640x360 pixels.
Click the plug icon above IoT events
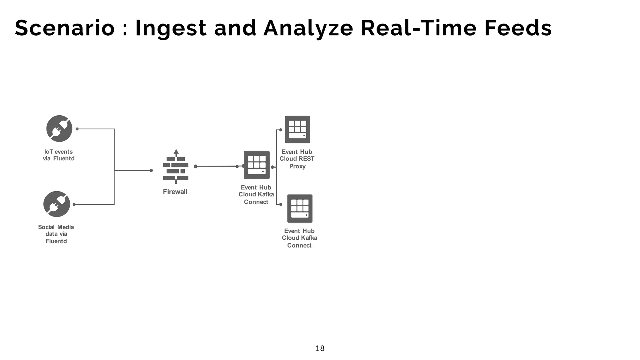click(59, 128)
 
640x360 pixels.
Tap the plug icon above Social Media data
click(57, 204)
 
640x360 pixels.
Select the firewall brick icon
click(176, 168)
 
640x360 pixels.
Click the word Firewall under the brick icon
click(175, 192)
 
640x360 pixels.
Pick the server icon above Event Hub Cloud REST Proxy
click(297, 129)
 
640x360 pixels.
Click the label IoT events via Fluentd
click(58, 155)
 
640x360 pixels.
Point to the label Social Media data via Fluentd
click(56, 234)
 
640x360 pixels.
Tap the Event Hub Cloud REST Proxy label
click(297, 159)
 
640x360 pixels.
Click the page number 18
click(320, 348)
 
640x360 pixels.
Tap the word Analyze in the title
click(308, 28)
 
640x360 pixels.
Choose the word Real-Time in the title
click(419, 28)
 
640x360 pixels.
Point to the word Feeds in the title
click(518, 28)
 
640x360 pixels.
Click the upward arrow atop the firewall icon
click(176, 152)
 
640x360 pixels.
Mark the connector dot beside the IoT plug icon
click(77, 129)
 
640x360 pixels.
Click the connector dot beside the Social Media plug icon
click(74, 204)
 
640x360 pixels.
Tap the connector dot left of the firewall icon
click(151, 171)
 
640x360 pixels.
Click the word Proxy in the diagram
click(297, 166)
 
